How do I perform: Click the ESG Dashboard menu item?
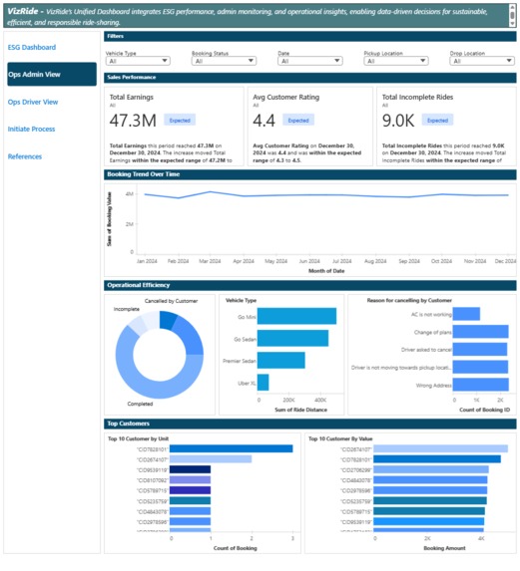click(32, 48)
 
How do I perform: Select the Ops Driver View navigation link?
click(33, 102)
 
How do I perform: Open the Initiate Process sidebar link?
click(31, 130)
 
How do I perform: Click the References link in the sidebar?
click(25, 156)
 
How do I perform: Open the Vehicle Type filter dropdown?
click(142, 61)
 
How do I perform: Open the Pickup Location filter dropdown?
click(400, 61)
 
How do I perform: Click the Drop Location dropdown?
click(483, 61)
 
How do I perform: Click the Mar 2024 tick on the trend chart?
click(210, 261)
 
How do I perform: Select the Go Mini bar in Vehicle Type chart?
click(297, 317)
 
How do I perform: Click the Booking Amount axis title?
click(409, 548)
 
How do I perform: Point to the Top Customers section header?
click(128, 424)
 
